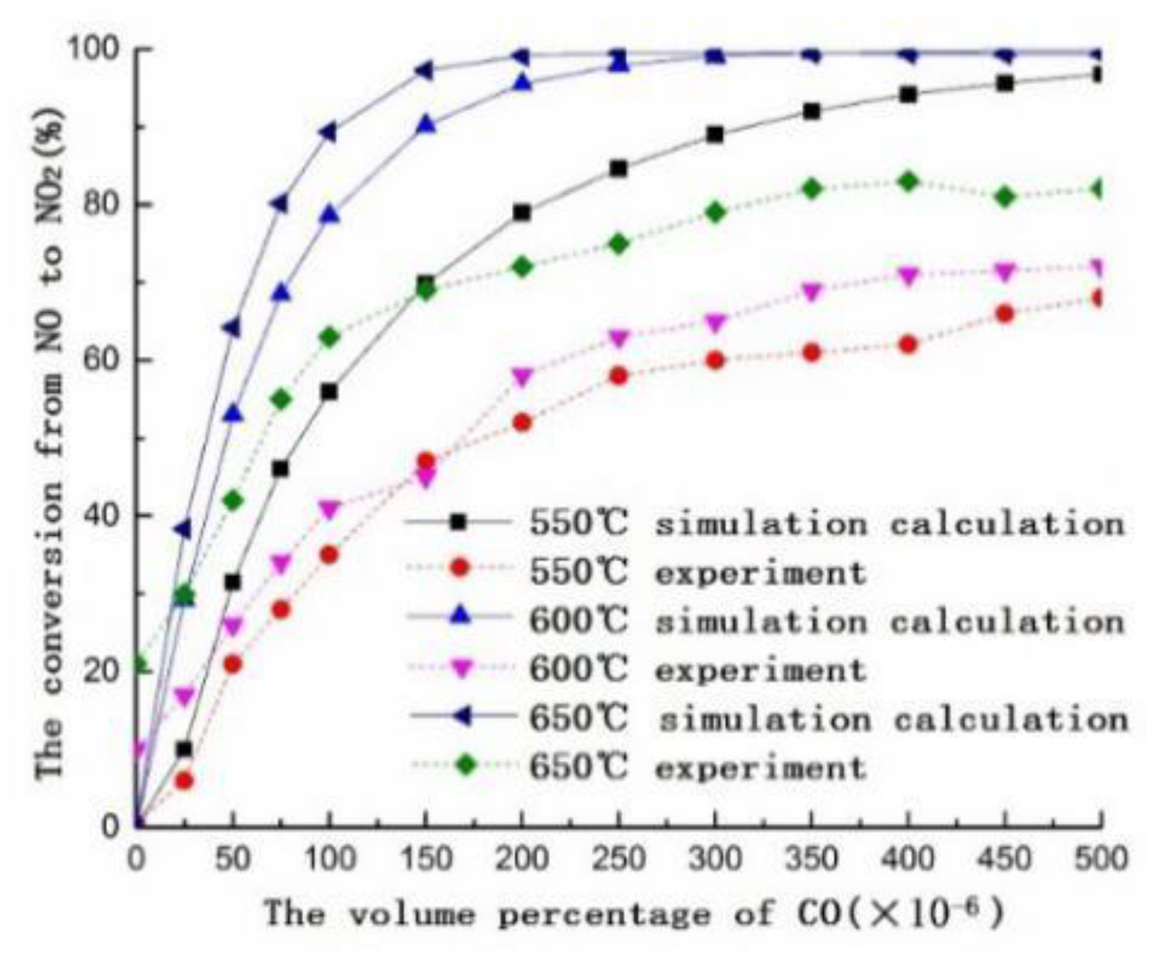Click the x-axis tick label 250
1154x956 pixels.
click(x=618, y=858)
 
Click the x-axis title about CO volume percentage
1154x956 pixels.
click(x=634, y=913)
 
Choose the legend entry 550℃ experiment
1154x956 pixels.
click(x=697, y=572)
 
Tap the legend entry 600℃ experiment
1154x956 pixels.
click(x=697, y=670)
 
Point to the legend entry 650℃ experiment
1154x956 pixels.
click(x=697, y=767)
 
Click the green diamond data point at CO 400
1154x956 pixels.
click(x=908, y=182)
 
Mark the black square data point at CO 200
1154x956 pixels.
click(x=522, y=213)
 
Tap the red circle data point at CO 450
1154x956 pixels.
click(x=1005, y=313)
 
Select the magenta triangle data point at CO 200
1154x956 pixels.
click(x=522, y=377)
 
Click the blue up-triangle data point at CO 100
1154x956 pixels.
click(x=329, y=215)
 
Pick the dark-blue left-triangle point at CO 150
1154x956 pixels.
click(x=425, y=70)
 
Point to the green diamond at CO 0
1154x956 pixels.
click(x=137, y=663)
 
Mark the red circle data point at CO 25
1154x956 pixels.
click(x=184, y=780)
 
